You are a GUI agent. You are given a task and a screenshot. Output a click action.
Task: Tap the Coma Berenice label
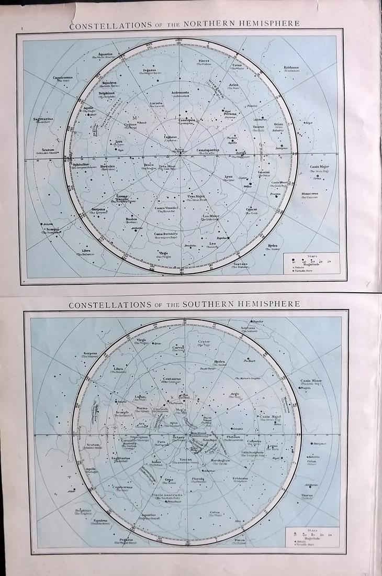click(x=166, y=234)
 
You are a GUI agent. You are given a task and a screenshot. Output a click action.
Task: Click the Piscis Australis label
click(x=168, y=495)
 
